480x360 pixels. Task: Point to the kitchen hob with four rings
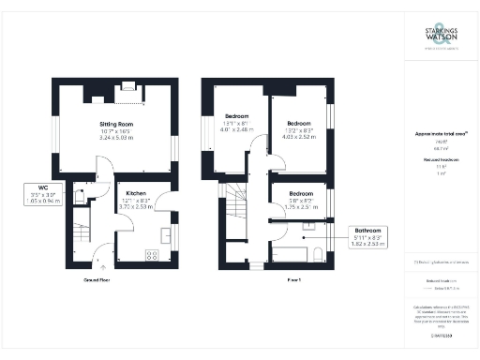pyautogui.click(x=151, y=254)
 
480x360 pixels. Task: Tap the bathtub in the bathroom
pyautogui.click(x=292, y=254)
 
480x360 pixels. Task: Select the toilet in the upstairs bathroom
pyautogui.click(x=319, y=253)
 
